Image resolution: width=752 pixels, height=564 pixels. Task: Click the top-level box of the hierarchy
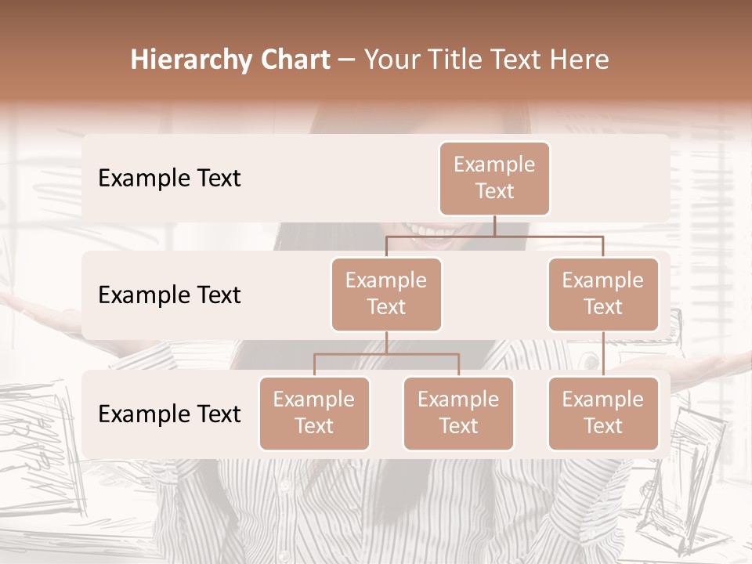[x=494, y=178]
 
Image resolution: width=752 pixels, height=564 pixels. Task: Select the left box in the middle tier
[x=386, y=294]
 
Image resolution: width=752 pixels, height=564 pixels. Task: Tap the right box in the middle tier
[x=603, y=294]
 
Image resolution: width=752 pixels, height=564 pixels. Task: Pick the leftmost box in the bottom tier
[x=314, y=413]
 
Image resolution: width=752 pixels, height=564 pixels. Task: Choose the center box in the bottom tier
[x=458, y=413]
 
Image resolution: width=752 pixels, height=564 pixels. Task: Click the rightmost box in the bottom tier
[x=603, y=413]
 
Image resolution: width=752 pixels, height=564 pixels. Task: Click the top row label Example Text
[x=169, y=179]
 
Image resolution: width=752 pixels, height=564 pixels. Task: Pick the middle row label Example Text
[x=169, y=295]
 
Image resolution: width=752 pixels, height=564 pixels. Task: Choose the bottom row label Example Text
[x=169, y=414]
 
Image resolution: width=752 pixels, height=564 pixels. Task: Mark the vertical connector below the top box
[x=494, y=226]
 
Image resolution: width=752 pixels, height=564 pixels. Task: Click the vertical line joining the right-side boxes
[x=603, y=354]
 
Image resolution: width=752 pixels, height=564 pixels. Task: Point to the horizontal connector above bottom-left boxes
[x=386, y=354]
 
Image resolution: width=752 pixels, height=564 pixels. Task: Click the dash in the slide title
[x=347, y=60]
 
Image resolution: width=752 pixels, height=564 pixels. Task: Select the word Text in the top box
[x=494, y=191]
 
